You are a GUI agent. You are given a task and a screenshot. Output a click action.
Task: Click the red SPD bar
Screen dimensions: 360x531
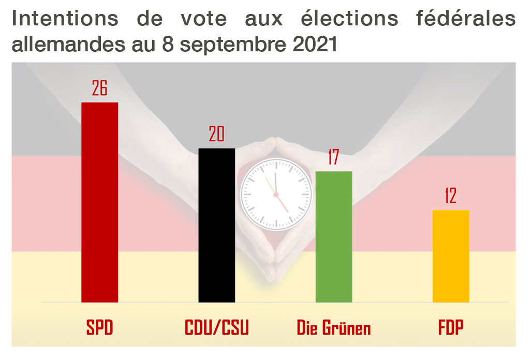point(100,202)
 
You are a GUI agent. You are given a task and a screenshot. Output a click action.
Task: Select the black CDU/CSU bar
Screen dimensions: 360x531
point(217,225)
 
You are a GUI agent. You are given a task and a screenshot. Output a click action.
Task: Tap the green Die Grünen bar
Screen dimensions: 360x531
point(334,237)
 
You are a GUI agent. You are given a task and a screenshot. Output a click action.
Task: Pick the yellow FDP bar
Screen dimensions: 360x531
point(451,256)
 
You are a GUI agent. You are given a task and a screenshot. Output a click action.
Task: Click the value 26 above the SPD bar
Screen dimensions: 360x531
point(99,89)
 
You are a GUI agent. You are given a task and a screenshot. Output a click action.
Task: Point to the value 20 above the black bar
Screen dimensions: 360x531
point(216,135)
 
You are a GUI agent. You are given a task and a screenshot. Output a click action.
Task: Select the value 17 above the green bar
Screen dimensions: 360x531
point(333,157)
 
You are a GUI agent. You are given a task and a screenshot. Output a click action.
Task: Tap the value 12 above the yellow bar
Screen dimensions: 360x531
point(450,196)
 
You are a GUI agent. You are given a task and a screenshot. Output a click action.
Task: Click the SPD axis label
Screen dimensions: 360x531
point(99,328)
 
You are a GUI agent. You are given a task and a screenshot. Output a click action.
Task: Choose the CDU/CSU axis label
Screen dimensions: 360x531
point(217,328)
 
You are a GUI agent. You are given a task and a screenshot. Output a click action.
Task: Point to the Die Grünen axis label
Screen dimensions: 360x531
point(334,328)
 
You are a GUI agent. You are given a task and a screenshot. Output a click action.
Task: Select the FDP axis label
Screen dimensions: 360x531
point(451,328)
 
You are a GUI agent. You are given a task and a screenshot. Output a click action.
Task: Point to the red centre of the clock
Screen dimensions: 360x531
point(276,195)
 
